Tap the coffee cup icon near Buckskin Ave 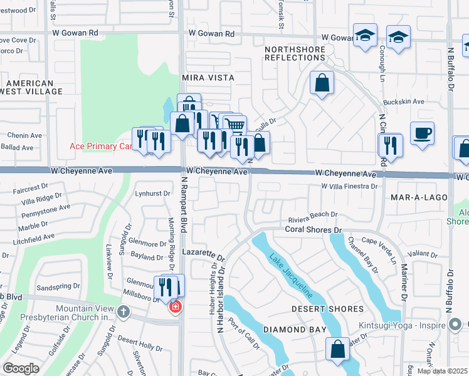pyautogui.click(x=422, y=133)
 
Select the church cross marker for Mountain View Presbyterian pyautogui.click(x=124, y=311)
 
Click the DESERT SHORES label pyautogui.click(x=327, y=309)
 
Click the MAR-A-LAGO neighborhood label pyautogui.click(x=419, y=197)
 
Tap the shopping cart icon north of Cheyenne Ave pyautogui.click(x=234, y=125)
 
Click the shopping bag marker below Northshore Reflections pyautogui.click(x=322, y=83)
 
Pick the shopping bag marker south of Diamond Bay pyautogui.click(x=338, y=349)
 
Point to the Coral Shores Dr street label pyautogui.click(x=312, y=230)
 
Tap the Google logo pyautogui.click(x=21, y=368)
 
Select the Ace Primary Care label pyautogui.click(x=100, y=147)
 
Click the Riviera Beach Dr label pyautogui.click(x=313, y=215)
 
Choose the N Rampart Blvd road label pyautogui.click(x=184, y=205)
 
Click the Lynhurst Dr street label pyautogui.click(x=153, y=194)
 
